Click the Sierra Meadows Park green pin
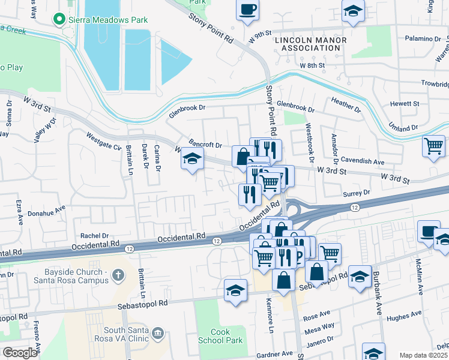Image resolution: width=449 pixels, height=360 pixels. (59, 20)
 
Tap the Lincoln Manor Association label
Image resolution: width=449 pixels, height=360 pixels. (310, 44)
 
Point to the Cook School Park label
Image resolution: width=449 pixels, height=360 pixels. (226, 336)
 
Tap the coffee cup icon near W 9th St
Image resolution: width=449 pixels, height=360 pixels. (248, 10)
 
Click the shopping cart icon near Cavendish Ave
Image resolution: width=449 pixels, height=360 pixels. (433, 146)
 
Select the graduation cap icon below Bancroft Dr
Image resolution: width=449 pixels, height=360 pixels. (191, 159)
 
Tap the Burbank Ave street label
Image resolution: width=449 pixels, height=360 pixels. (379, 299)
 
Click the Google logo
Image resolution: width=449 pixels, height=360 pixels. (20, 352)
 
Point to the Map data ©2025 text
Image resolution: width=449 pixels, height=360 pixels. (424, 355)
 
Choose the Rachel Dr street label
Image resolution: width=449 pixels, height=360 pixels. (94, 236)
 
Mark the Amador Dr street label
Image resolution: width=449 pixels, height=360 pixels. (334, 147)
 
